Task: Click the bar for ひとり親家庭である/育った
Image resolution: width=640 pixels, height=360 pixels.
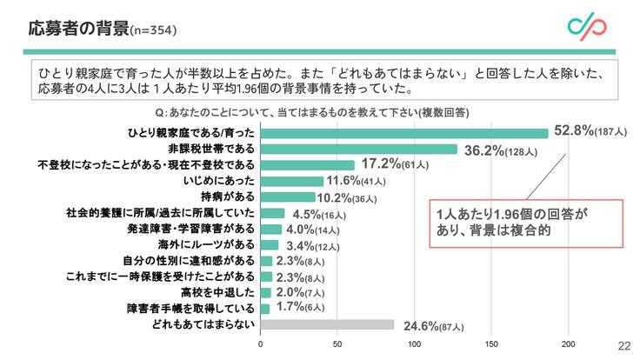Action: tap(404, 133)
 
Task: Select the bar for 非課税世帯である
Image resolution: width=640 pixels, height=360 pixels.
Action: tap(359, 149)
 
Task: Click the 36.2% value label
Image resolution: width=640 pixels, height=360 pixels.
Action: tap(488, 149)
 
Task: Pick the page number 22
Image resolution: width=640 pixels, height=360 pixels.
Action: tap(623, 344)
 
